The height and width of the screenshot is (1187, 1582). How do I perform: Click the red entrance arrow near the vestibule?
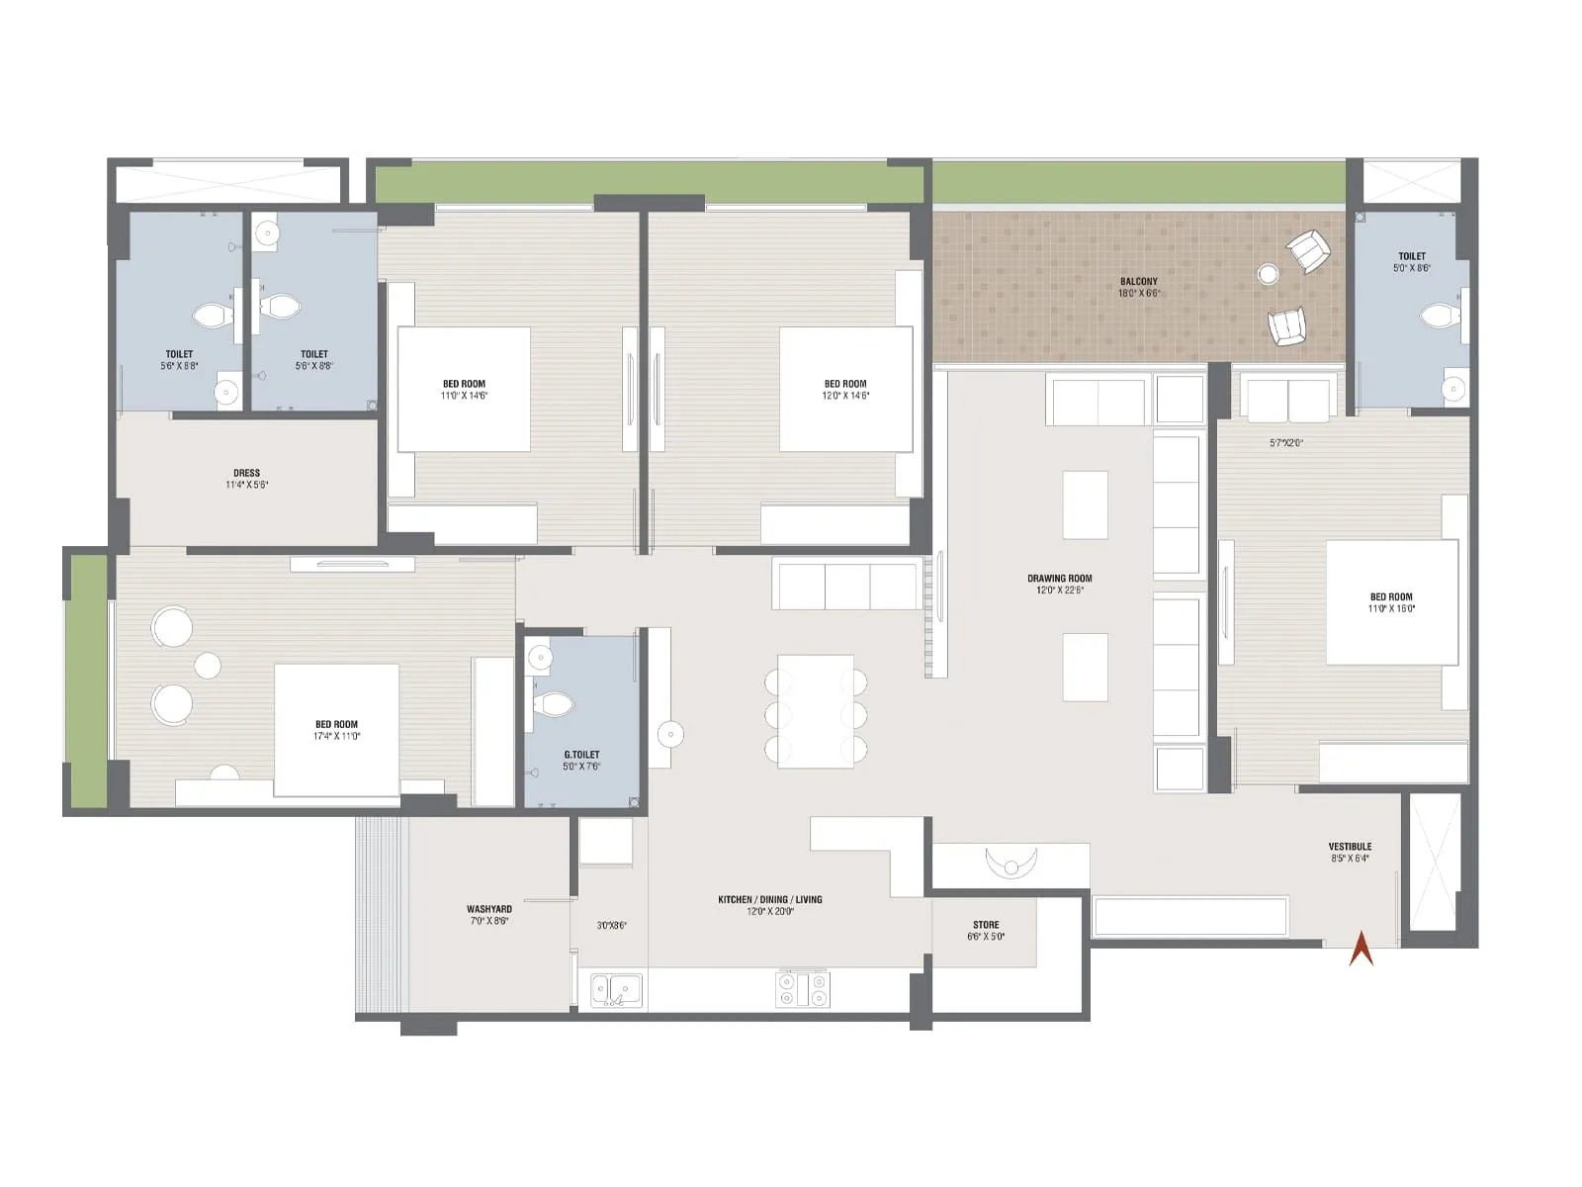click(x=1362, y=949)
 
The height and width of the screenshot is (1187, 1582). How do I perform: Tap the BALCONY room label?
click(x=1139, y=282)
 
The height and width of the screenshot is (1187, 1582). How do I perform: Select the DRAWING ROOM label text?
click(x=1059, y=579)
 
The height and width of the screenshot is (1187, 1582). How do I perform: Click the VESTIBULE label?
click(x=1350, y=847)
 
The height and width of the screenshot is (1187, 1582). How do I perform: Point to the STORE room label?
click(x=986, y=925)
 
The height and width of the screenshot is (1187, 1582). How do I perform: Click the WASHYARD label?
click(x=489, y=909)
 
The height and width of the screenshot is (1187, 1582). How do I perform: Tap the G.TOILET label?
click(x=581, y=755)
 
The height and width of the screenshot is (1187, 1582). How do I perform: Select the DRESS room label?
click(x=246, y=473)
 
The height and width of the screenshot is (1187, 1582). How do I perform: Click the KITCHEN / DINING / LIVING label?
click(x=770, y=899)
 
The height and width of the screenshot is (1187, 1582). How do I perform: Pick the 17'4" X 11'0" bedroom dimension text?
click(x=336, y=736)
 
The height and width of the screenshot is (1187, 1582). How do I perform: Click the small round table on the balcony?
click(x=1268, y=274)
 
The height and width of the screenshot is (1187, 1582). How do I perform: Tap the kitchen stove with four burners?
click(x=803, y=989)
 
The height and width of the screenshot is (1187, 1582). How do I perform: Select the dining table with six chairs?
click(x=816, y=711)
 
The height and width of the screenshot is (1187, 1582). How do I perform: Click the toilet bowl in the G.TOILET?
click(x=553, y=704)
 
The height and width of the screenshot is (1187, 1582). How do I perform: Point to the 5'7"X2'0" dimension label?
click(x=1286, y=443)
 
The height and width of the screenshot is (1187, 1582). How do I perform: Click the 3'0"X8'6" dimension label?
click(x=611, y=926)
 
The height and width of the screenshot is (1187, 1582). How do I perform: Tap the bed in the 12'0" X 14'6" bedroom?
click(x=845, y=390)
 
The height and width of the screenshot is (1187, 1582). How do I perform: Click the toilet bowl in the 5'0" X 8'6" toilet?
click(x=1439, y=317)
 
